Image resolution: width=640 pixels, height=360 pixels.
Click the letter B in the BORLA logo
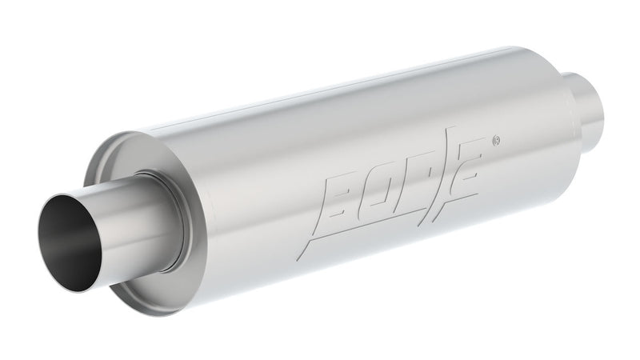coord(342,197)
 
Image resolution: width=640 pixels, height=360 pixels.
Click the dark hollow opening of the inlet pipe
coord(67,240)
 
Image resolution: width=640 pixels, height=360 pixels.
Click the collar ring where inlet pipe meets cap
coord(164,212)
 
